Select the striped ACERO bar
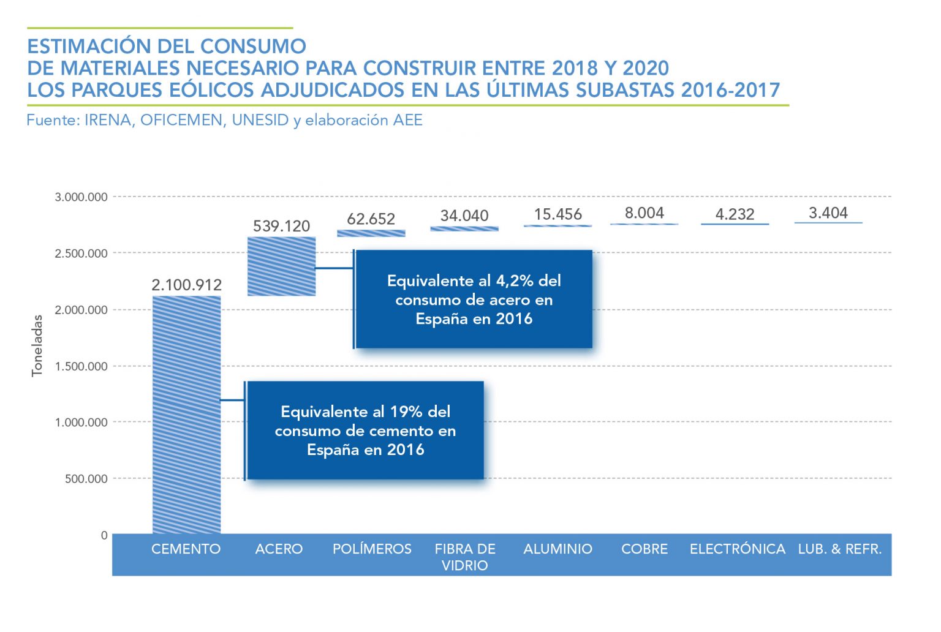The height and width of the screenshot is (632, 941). click(281, 266)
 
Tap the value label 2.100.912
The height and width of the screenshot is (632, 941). click(186, 285)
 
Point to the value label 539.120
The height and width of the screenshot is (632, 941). click(281, 226)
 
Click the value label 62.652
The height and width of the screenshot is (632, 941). click(371, 219)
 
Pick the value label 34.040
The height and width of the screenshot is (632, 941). click(464, 216)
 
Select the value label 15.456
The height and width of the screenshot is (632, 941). click(557, 214)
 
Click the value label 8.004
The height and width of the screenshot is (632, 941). click(644, 213)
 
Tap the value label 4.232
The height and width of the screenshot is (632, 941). click(735, 214)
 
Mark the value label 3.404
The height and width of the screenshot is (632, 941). click(828, 213)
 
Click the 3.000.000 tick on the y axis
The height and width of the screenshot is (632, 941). click(81, 197)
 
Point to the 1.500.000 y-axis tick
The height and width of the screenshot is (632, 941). click(81, 366)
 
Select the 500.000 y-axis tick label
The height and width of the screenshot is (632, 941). click(86, 479)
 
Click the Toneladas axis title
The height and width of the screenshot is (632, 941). click(37, 345)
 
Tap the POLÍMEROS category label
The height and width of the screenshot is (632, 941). click(372, 549)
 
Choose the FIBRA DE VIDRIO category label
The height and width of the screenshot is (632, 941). click(465, 557)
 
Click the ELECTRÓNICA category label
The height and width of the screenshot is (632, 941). click(738, 549)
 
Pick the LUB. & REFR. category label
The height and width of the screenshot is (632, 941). click(839, 549)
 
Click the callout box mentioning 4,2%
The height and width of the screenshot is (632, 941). click(474, 299)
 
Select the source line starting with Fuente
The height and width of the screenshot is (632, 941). click(224, 120)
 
